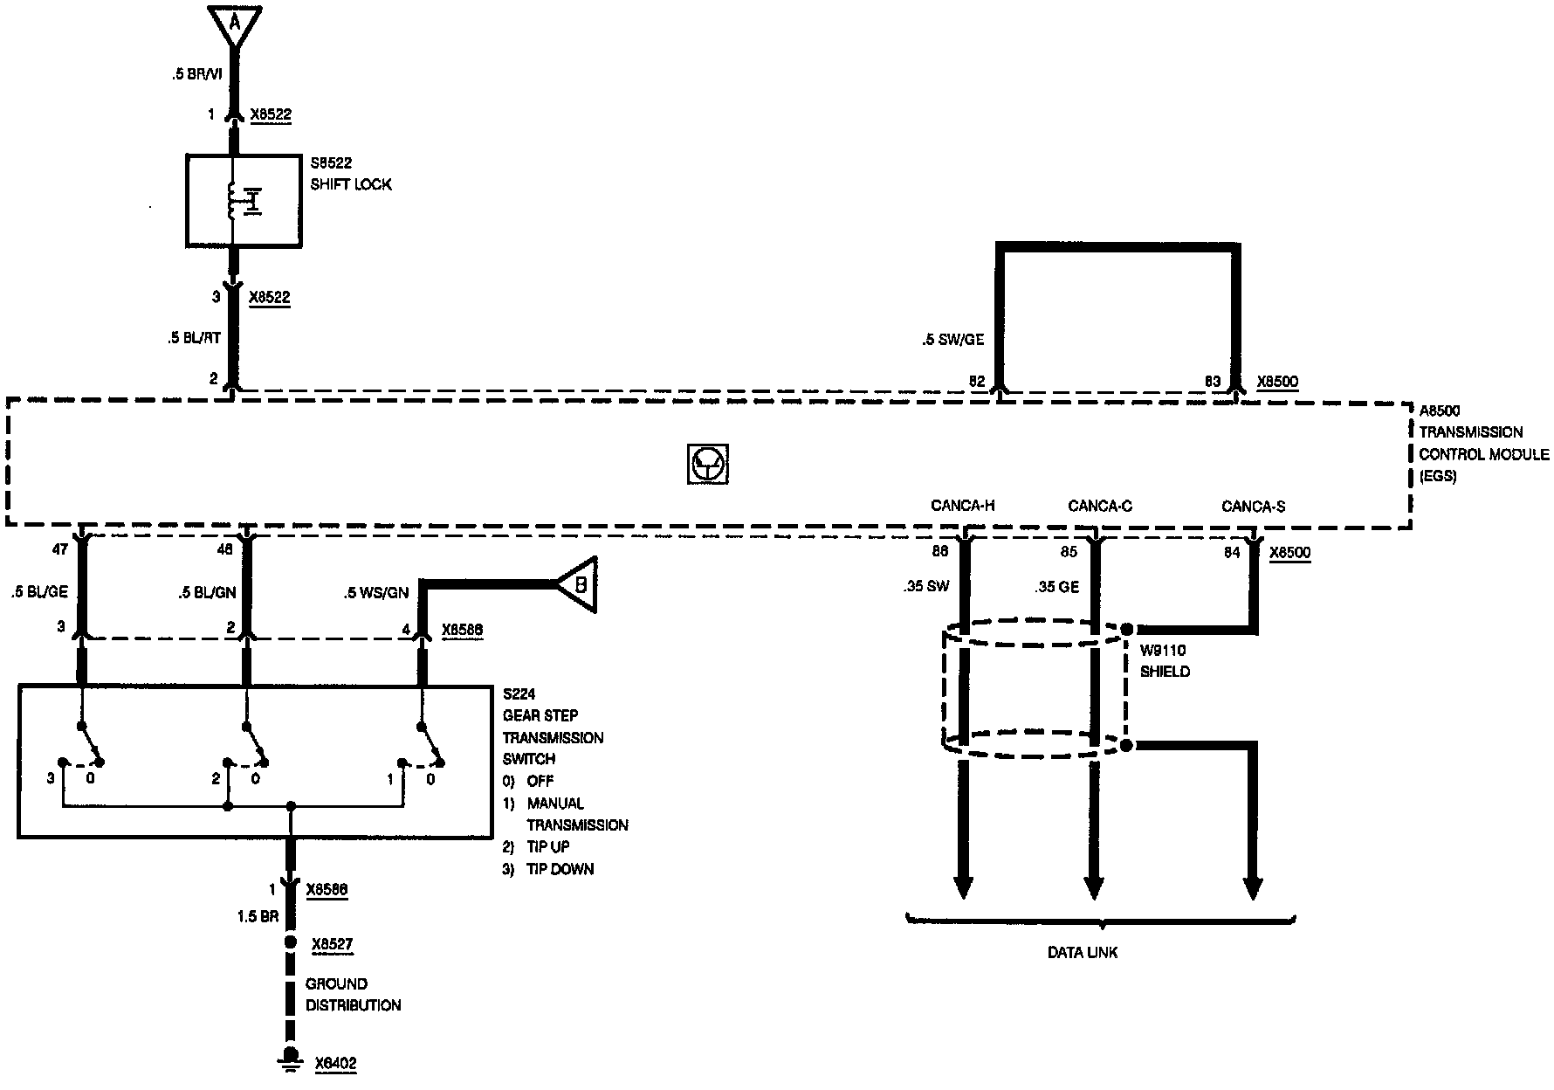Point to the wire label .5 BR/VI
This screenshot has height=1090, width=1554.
[196, 75]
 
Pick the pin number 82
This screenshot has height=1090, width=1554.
[977, 382]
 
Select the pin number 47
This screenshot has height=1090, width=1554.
[60, 551]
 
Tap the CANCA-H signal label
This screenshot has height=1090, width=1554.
[963, 506]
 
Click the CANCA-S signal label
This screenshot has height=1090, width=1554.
[1253, 507]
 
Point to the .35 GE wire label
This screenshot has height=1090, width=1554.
[1056, 587]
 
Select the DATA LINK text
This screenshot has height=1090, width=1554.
[1083, 953]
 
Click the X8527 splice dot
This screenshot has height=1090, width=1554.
[291, 943]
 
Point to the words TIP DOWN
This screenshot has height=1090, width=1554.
[560, 869]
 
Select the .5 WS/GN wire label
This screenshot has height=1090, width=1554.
[375, 594]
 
